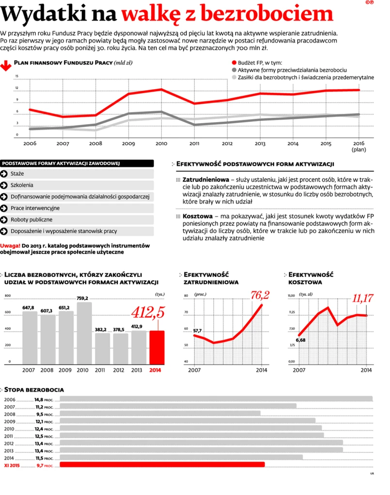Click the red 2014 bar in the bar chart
[x=156, y=347]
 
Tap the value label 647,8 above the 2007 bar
[x=29, y=308]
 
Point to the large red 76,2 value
[x=260, y=295]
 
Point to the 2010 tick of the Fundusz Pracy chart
[x=161, y=144]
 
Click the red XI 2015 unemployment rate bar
[x=162, y=464]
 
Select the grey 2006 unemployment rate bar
[x=216, y=399]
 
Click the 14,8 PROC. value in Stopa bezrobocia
[x=44, y=400]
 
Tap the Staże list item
[x=17, y=174]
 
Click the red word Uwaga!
[x=10, y=245]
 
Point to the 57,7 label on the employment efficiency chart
[x=198, y=331]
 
